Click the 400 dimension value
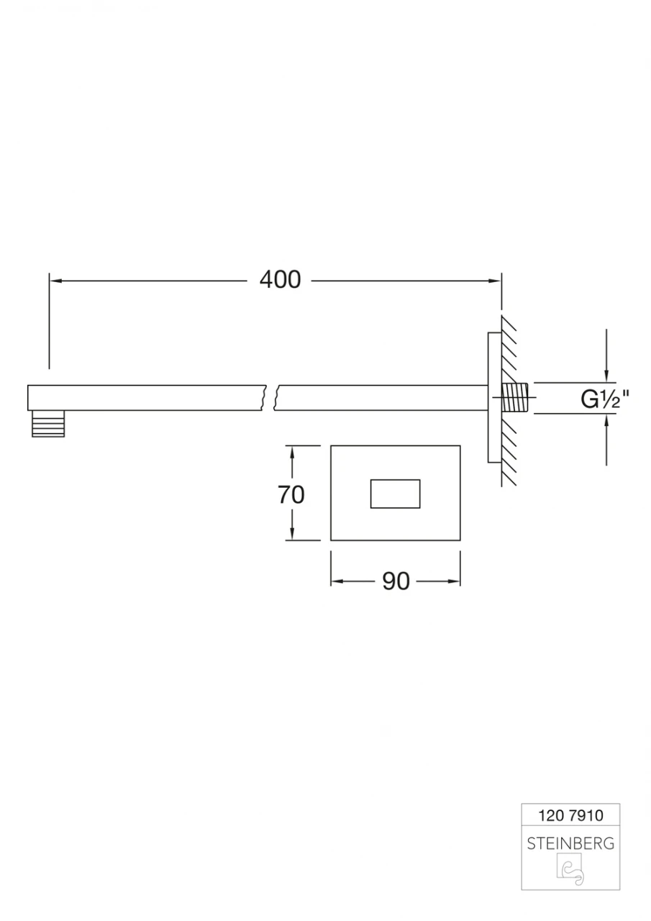coord(281,280)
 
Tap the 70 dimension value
coord(291,494)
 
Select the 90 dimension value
coord(396,581)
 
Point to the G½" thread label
coord(605,399)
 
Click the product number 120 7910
coord(571,815)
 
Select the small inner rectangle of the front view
coord(396,494)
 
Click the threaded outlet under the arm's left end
coord(48,424)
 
